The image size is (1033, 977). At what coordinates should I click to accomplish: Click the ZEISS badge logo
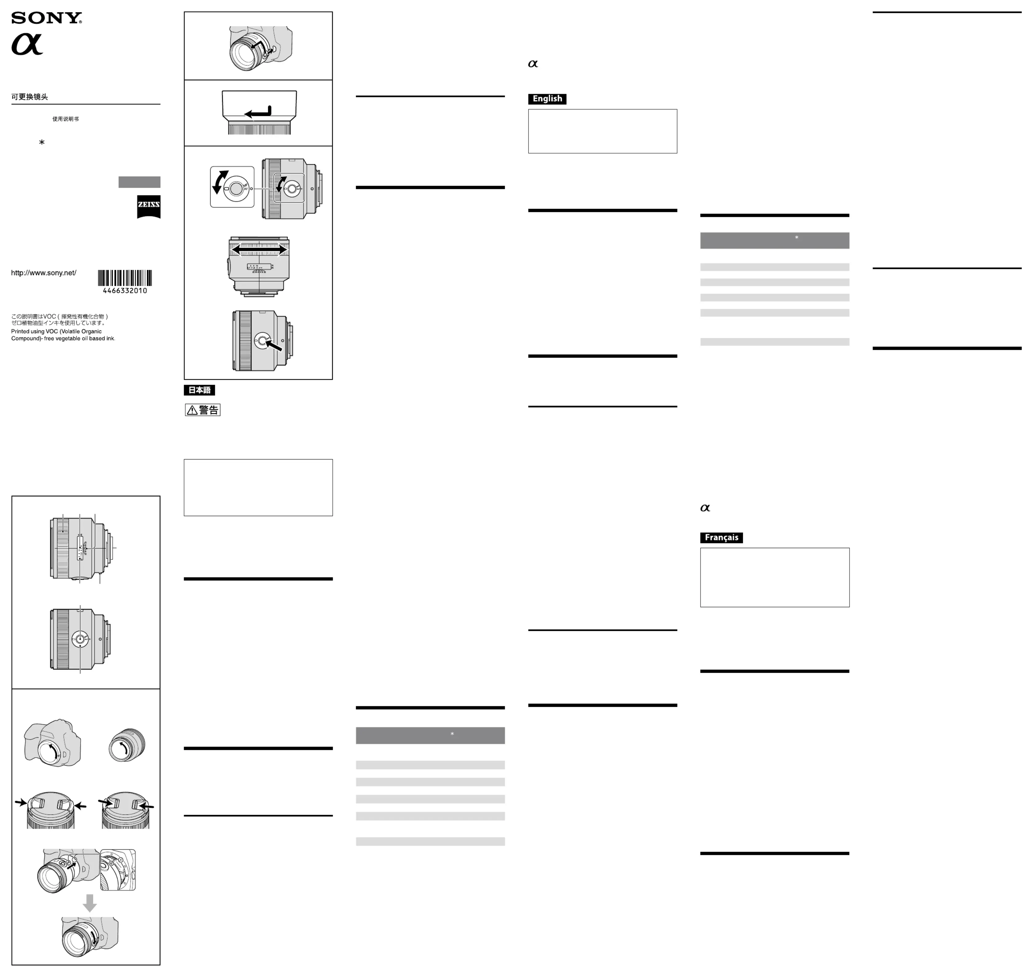pyautogui.click(x=148, y=206)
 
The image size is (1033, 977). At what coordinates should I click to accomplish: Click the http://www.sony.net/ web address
pyautogui.click(x=44, y=273)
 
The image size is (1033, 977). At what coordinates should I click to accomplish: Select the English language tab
pyautogui.click(x=547, y=99)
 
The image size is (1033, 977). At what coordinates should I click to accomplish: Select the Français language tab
pyautogui.click(x=721, y=538)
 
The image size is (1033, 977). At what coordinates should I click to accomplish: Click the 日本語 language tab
pyautogui.click(x=199, y=390)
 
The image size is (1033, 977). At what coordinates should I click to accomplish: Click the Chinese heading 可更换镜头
pyautogui.click(x=30, y=97)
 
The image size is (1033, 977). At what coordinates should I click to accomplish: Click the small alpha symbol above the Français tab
pyautogui.click(x=705, y=508)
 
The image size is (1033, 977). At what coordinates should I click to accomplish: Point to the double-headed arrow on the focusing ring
pyautogui.click(x=259, y=250)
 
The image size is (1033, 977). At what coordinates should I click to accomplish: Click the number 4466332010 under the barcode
pyautogui.click(x=125, y=290)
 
